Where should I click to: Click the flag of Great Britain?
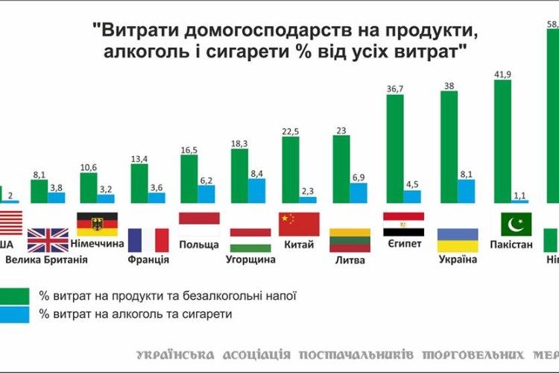click(x=48, y=240)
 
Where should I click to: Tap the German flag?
click(x=96, y=223)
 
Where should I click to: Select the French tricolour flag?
click(x=148, y=240)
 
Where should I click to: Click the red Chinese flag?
click(x=299, y=224)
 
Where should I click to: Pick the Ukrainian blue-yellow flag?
click(x=457, y=240)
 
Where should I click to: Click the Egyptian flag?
click(x=403, y=224)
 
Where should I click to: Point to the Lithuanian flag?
click(x=350, y=240)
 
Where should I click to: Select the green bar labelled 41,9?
click(x=503, y=141)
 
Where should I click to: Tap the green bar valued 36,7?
click(x=395, y=148)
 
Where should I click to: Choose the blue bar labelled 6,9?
click(x=359, y=192)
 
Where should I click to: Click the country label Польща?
click(x=199, y=245)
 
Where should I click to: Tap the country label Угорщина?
click(x=250, y=260)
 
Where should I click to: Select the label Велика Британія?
click(x=47, y=260)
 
